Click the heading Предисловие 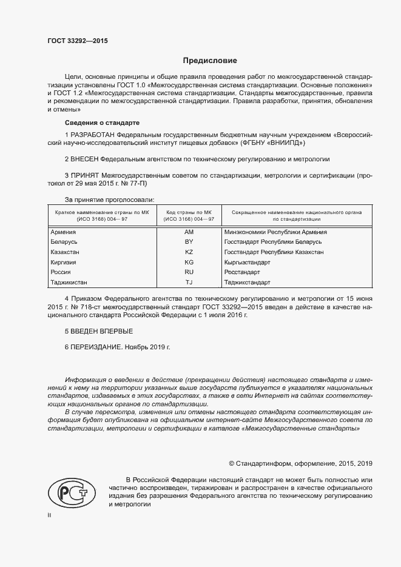tap(210, 61)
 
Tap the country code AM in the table tap(188, 232)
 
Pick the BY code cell tap(188, 241)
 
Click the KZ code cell tap(188, 252)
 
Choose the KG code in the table tap(188, 262)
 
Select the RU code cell tap(188, 272)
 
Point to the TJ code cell tap(188, 282)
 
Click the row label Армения tap(63, 232)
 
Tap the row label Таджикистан tap(69, 282)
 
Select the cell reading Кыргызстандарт tap(248, 262)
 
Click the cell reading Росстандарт tap(241, 272)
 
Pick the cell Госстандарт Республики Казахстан tap(274, 252)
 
